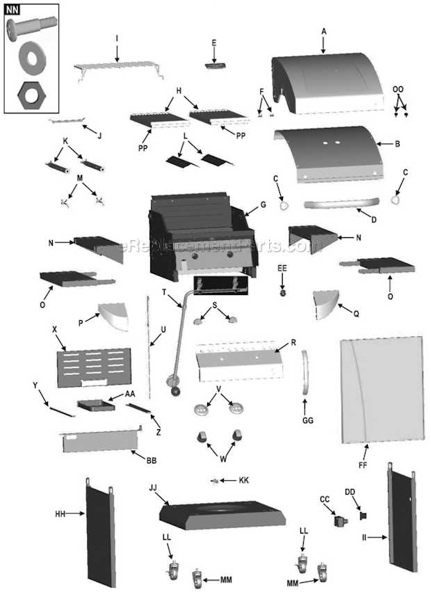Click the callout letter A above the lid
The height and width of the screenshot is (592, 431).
324,31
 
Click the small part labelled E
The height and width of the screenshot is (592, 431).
214,65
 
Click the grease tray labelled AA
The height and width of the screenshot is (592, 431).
95,404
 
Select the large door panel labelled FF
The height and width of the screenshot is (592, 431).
381,390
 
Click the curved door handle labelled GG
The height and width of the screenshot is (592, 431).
305,374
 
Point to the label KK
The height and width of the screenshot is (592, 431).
243,481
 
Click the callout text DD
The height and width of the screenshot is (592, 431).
350,492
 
